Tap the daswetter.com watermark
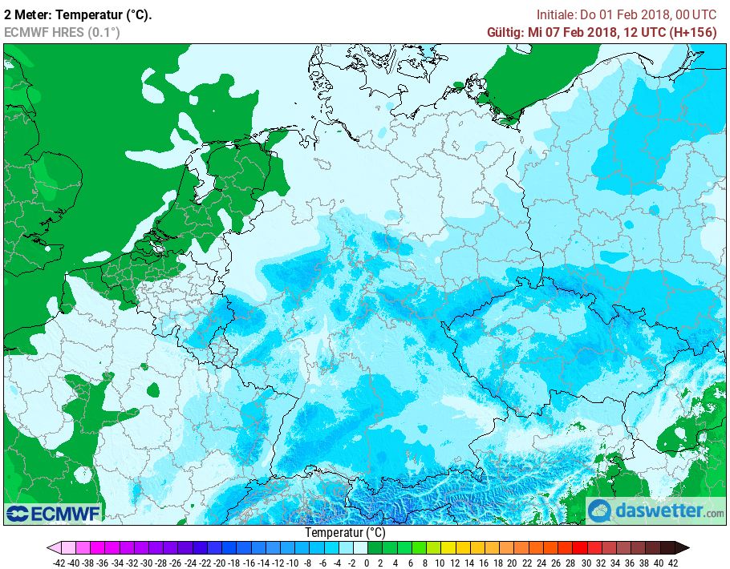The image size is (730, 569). pos(655,510)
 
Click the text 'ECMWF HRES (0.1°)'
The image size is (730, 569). pos(62,32)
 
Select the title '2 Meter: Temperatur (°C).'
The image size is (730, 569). pos(78,14)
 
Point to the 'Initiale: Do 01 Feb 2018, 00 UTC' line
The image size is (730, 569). pos(626,14)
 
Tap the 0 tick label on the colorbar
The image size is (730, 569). pos(367,563)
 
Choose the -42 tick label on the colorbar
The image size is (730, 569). pos(58,563)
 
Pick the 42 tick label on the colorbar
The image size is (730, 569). pos(672,563)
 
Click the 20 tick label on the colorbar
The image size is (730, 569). pos(512,563)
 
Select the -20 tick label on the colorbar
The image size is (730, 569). pos(219,563)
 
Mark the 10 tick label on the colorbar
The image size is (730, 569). pos(439,563)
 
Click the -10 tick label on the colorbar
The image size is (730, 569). pos(292,563)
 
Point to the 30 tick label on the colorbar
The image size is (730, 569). pos(585,563)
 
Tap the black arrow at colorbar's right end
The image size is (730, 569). pos(682,548)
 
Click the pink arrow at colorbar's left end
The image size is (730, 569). pos(54,548)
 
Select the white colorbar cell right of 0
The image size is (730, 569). pos(360,548)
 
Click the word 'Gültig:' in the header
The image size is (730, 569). pos(505,32)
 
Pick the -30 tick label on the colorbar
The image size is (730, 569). pos(146,563)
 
